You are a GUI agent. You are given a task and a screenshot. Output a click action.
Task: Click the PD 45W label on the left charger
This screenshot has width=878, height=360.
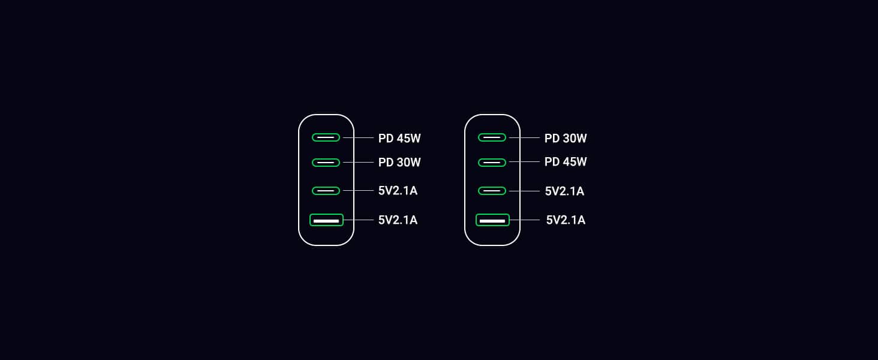coord(399,139)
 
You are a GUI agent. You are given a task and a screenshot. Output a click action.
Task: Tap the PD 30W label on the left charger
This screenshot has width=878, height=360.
coord(399,163)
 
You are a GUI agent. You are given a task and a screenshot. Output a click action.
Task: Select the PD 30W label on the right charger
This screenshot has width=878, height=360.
coord(566,139)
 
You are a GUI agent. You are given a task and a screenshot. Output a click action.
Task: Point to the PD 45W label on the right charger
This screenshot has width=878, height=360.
coord(566,162)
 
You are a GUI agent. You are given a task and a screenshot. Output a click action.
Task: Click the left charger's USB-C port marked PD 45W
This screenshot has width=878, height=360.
coord(326,137)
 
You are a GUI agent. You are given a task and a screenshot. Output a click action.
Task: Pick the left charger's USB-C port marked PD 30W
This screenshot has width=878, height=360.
coord(326,163)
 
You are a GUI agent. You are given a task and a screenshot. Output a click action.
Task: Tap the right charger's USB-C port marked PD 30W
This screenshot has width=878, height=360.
coord(492,137)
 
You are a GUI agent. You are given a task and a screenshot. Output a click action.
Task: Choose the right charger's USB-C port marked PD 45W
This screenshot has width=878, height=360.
coord(492,163)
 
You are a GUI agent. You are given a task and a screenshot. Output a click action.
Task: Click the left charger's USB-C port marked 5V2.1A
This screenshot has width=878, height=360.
coord(326,191)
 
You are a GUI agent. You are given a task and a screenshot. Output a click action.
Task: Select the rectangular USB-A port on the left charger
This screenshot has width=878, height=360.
coord(326,220)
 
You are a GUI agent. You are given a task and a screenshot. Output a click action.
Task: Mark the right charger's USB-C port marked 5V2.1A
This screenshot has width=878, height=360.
coord(492,191)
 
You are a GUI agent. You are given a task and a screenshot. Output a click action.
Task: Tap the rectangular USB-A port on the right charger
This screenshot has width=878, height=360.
coord(492,220)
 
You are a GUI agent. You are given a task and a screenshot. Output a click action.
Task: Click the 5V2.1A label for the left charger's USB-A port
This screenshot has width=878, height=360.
coord(398,220)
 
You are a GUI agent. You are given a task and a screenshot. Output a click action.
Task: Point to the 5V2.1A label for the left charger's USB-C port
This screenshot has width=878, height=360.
coord(398,191)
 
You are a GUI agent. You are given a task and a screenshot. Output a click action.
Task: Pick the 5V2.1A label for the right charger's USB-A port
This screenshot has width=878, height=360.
coord(566,220)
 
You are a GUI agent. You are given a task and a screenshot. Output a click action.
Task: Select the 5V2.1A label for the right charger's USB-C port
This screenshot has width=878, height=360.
coord(564,191)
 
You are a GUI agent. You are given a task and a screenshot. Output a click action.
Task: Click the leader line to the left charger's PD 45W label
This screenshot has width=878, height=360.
coord(358,138)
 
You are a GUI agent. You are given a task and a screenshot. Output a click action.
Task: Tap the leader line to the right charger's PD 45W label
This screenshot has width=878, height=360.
coord(524,162)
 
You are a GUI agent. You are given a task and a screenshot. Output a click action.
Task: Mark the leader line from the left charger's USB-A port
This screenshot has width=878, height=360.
coord(358,220)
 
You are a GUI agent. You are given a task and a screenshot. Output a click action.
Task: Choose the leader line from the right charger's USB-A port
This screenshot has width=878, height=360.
coord(525,220)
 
